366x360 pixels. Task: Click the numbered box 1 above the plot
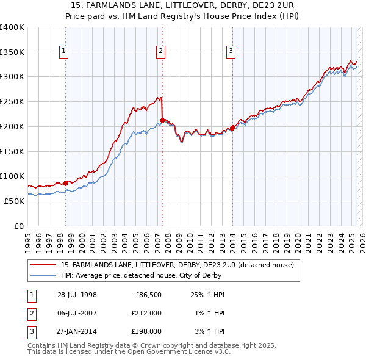pyautogui.click(x=64, y=52)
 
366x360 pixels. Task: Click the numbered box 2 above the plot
pyautogui.click(x=160, y=52)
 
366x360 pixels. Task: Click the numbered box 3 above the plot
pyautogui.click(x=231, y=52)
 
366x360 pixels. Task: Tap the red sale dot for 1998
pyautogui.click(x=66, y=182)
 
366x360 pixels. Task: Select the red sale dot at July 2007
pyautogui.click(x=162, y=120)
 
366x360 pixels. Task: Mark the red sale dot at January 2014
pyautogui.click(x=232, y=128)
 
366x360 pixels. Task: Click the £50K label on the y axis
pyautogui.click(x=15, y=201)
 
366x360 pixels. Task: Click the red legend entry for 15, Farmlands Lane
pyautogui.click(x=178, y=264)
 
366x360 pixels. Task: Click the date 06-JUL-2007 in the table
pyautogui.click(x=77, y=313)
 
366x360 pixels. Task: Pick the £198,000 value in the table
pyautogui.click(x=146, y=331)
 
